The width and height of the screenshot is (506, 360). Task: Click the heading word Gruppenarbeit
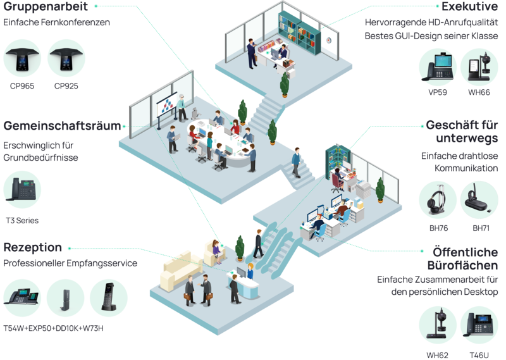[45, 6]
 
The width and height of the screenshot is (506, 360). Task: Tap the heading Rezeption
[33, 247]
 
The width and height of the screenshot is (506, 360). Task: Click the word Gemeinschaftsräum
[61, 125]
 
